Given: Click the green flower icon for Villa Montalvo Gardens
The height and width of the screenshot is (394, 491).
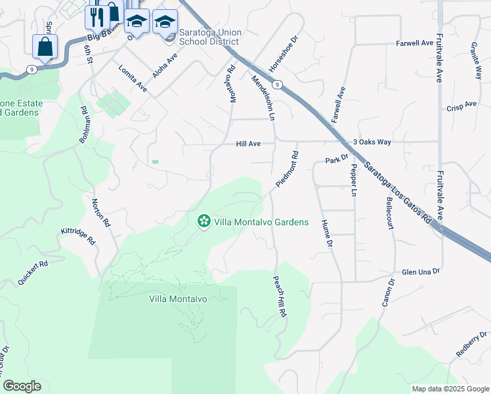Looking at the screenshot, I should (x=204, y=222).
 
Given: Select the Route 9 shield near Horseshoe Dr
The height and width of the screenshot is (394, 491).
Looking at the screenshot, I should (x=278, y=84).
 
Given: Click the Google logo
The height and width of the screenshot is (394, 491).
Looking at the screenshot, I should (x=22, y=386).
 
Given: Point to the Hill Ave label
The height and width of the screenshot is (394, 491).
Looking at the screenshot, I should (x=249, y=144).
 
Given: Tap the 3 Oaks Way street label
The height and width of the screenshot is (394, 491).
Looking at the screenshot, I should (x=372, y=142).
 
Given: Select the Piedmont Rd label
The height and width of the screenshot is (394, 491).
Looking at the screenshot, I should (x=287, y=169).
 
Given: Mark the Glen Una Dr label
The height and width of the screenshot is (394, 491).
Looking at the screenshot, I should (x=420, y=271).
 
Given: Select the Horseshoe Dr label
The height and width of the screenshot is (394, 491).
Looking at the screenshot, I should (x=284, y=55).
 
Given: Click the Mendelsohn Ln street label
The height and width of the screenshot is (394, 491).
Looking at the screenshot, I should (x=263, y=97).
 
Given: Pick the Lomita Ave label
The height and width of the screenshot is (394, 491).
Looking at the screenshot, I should (x=133, y=77).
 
